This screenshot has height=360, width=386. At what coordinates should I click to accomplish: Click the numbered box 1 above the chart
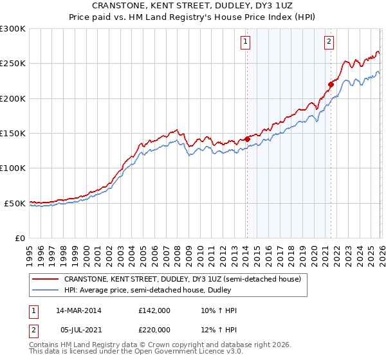click(246, 42)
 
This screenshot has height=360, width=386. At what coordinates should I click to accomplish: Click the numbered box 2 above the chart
click(329, 42)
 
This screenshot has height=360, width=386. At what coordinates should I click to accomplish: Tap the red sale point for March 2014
click(247, 139)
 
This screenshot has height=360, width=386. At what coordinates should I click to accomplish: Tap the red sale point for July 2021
click(331, 84)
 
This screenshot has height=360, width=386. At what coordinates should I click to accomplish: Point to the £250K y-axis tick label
click(13, 64)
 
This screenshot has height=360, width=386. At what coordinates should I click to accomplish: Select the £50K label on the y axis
click(15, 203)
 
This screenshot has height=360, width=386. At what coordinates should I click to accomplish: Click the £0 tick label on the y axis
click(20, 238)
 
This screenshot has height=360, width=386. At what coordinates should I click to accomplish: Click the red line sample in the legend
click(46, 279)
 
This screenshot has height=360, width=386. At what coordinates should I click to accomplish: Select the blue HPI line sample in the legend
click(46, 290)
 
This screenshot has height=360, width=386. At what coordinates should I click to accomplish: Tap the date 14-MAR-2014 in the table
click(79, 310)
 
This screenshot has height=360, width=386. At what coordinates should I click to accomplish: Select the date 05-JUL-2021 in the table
click(79, 330)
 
